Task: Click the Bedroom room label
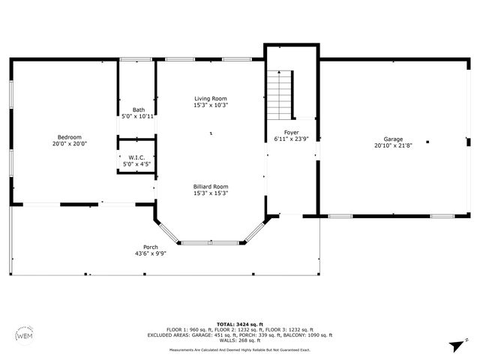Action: click(70, 136)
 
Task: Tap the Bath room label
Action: click(138, 109)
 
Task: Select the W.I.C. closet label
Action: click(137, 157)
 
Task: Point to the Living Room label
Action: click(211, 98)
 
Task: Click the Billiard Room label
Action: click(211, 186)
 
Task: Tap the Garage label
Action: click(393, 139)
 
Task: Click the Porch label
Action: click(150, 247)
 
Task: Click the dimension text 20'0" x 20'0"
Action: click(70, 143)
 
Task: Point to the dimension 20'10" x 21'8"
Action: click(393, 146)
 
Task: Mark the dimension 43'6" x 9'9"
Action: click(150, 253)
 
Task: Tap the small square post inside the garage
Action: click(428, 141)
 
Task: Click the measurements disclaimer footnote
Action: click(240, 349)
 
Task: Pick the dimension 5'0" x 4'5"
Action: click(137, 164)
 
